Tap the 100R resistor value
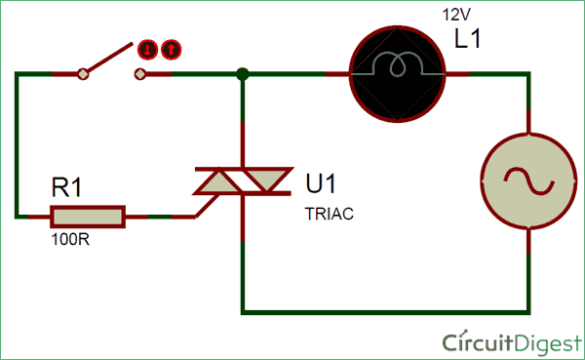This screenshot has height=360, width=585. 70,237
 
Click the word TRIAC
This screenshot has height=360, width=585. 329,210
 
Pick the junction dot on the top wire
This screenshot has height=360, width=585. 243,73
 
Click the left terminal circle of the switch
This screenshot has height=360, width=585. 84,73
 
